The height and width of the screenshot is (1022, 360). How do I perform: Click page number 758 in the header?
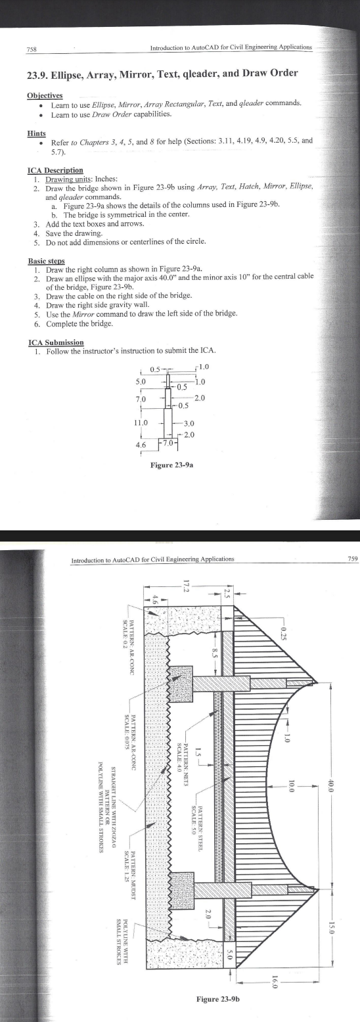tap(31, 49)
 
